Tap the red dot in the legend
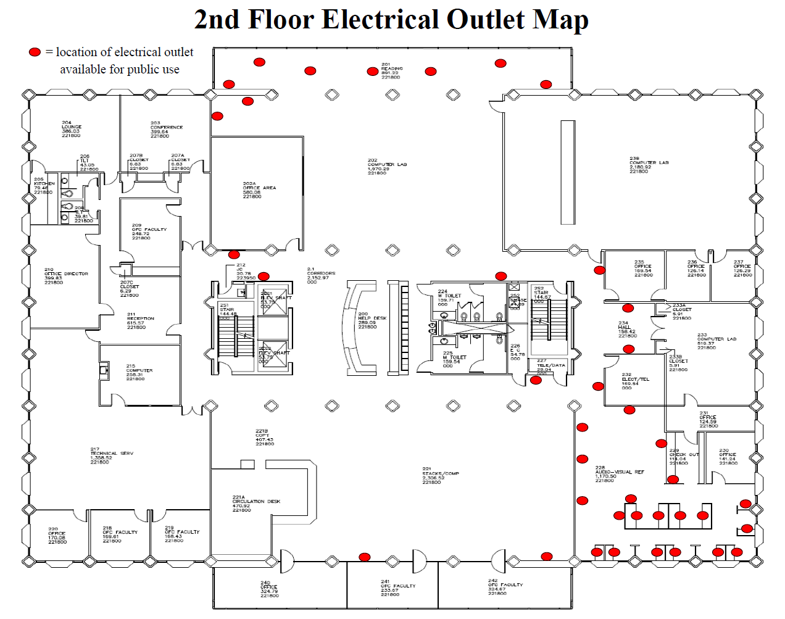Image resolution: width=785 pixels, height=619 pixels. (35, 52)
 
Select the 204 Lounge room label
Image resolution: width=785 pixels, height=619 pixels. (71, 129)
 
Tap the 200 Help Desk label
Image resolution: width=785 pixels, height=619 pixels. (372, 320)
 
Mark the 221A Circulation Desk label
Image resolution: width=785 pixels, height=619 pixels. (255, 504)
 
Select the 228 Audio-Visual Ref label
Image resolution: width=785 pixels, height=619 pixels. (618, 474)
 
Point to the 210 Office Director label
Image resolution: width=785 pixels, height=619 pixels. (65, 276)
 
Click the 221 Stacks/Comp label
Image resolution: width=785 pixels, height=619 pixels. (440, 476)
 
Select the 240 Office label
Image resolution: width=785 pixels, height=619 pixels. (268, 589)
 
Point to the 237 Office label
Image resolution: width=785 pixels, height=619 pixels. (742, 268)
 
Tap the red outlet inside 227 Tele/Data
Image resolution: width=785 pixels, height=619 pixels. (536, 380)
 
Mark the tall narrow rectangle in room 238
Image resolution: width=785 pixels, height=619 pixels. (568, 172)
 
